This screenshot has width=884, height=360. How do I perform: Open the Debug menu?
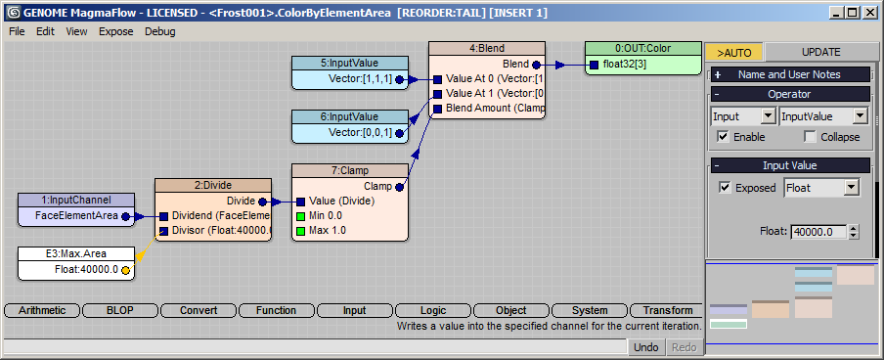[x=160, y=31]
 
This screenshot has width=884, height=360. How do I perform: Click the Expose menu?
[x=116, y=31]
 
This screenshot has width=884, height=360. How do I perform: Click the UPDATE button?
[x=820, y=52]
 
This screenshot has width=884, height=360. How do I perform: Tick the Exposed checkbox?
[x=725, y=187]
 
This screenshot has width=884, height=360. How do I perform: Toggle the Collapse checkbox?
[x=810, y=137]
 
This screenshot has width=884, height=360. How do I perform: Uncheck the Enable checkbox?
[x=723, y=137]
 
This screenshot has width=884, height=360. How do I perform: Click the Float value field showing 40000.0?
[x=819, y=231]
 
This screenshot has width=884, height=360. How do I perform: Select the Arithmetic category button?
[x=42, y=310]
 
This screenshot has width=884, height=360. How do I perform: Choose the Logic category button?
[x=433, y=310]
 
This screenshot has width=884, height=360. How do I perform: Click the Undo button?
[x=646, y=347]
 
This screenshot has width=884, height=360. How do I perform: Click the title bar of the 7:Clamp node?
[x=349, y=170]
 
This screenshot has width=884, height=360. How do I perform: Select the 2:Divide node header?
[x=213, y=185]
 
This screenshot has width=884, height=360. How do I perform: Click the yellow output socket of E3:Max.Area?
[x=125, y=270]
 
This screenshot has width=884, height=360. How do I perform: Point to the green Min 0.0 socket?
[x=300, y=215]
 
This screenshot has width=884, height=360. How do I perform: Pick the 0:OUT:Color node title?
[x=643, y=49]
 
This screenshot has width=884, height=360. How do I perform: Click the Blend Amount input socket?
[x=437, y=108]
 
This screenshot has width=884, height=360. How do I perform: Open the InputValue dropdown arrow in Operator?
[x=860, y=116]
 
